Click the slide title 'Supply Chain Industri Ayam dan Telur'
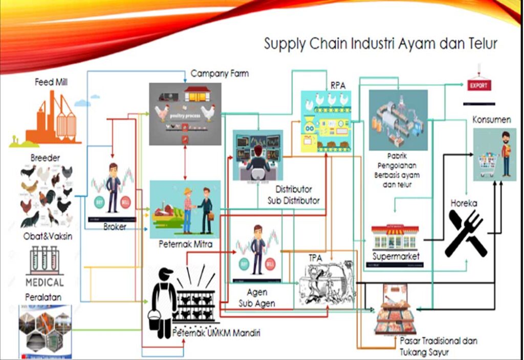click(x=380, y=44)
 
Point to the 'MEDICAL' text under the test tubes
click(x=45, y=282)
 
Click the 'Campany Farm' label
click(x=220, y=74)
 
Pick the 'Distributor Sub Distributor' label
click(x=293, y=195)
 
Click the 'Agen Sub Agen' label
click(x=257, y=299)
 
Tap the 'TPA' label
click(x=315, y=258)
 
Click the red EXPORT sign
click(x=478, y=85)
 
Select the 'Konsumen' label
click(x=492, y=120)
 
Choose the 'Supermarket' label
click(x=396, y=256)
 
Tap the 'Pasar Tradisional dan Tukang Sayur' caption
click(x=440, y=346)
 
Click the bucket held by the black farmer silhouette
click(x=154, y=320)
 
